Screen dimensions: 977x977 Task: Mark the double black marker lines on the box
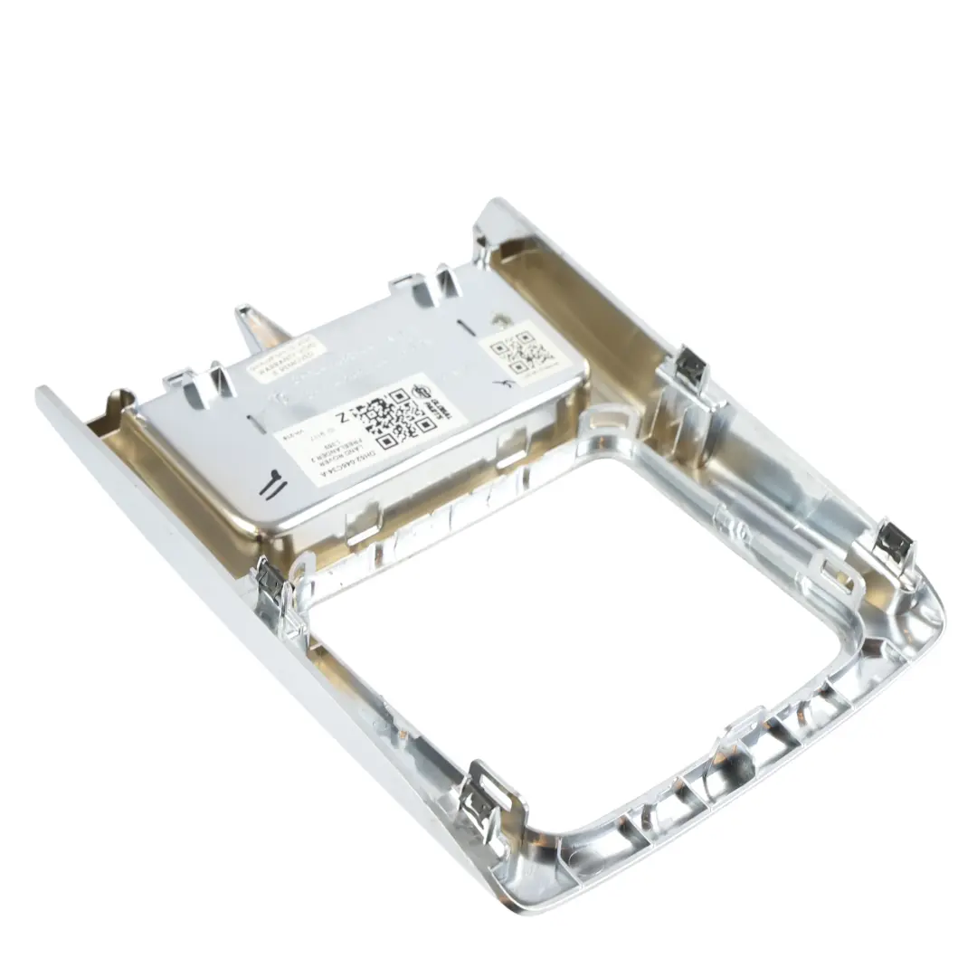(x=270, y=487)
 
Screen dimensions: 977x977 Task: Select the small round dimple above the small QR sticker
(x=499, y=319)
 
